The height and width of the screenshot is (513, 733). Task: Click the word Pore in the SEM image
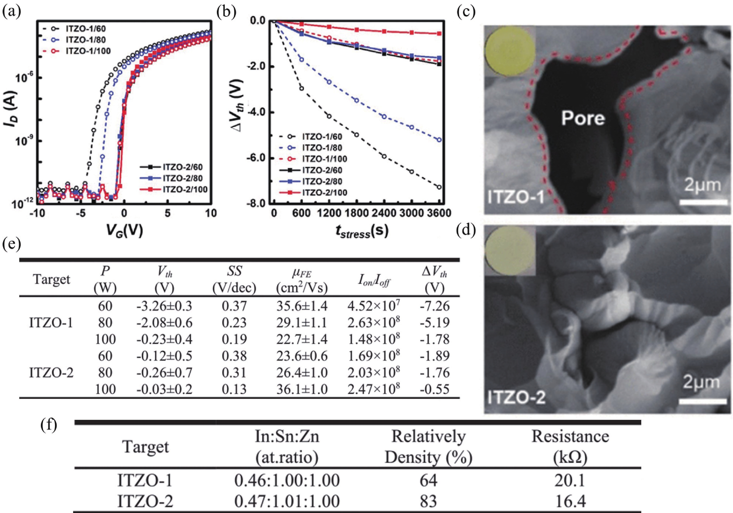583,118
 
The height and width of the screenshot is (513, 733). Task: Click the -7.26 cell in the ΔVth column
434,306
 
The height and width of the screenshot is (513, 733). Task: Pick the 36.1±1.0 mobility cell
302,389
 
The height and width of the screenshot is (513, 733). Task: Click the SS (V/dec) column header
234,280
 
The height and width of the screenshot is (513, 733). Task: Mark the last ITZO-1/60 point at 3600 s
439,187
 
